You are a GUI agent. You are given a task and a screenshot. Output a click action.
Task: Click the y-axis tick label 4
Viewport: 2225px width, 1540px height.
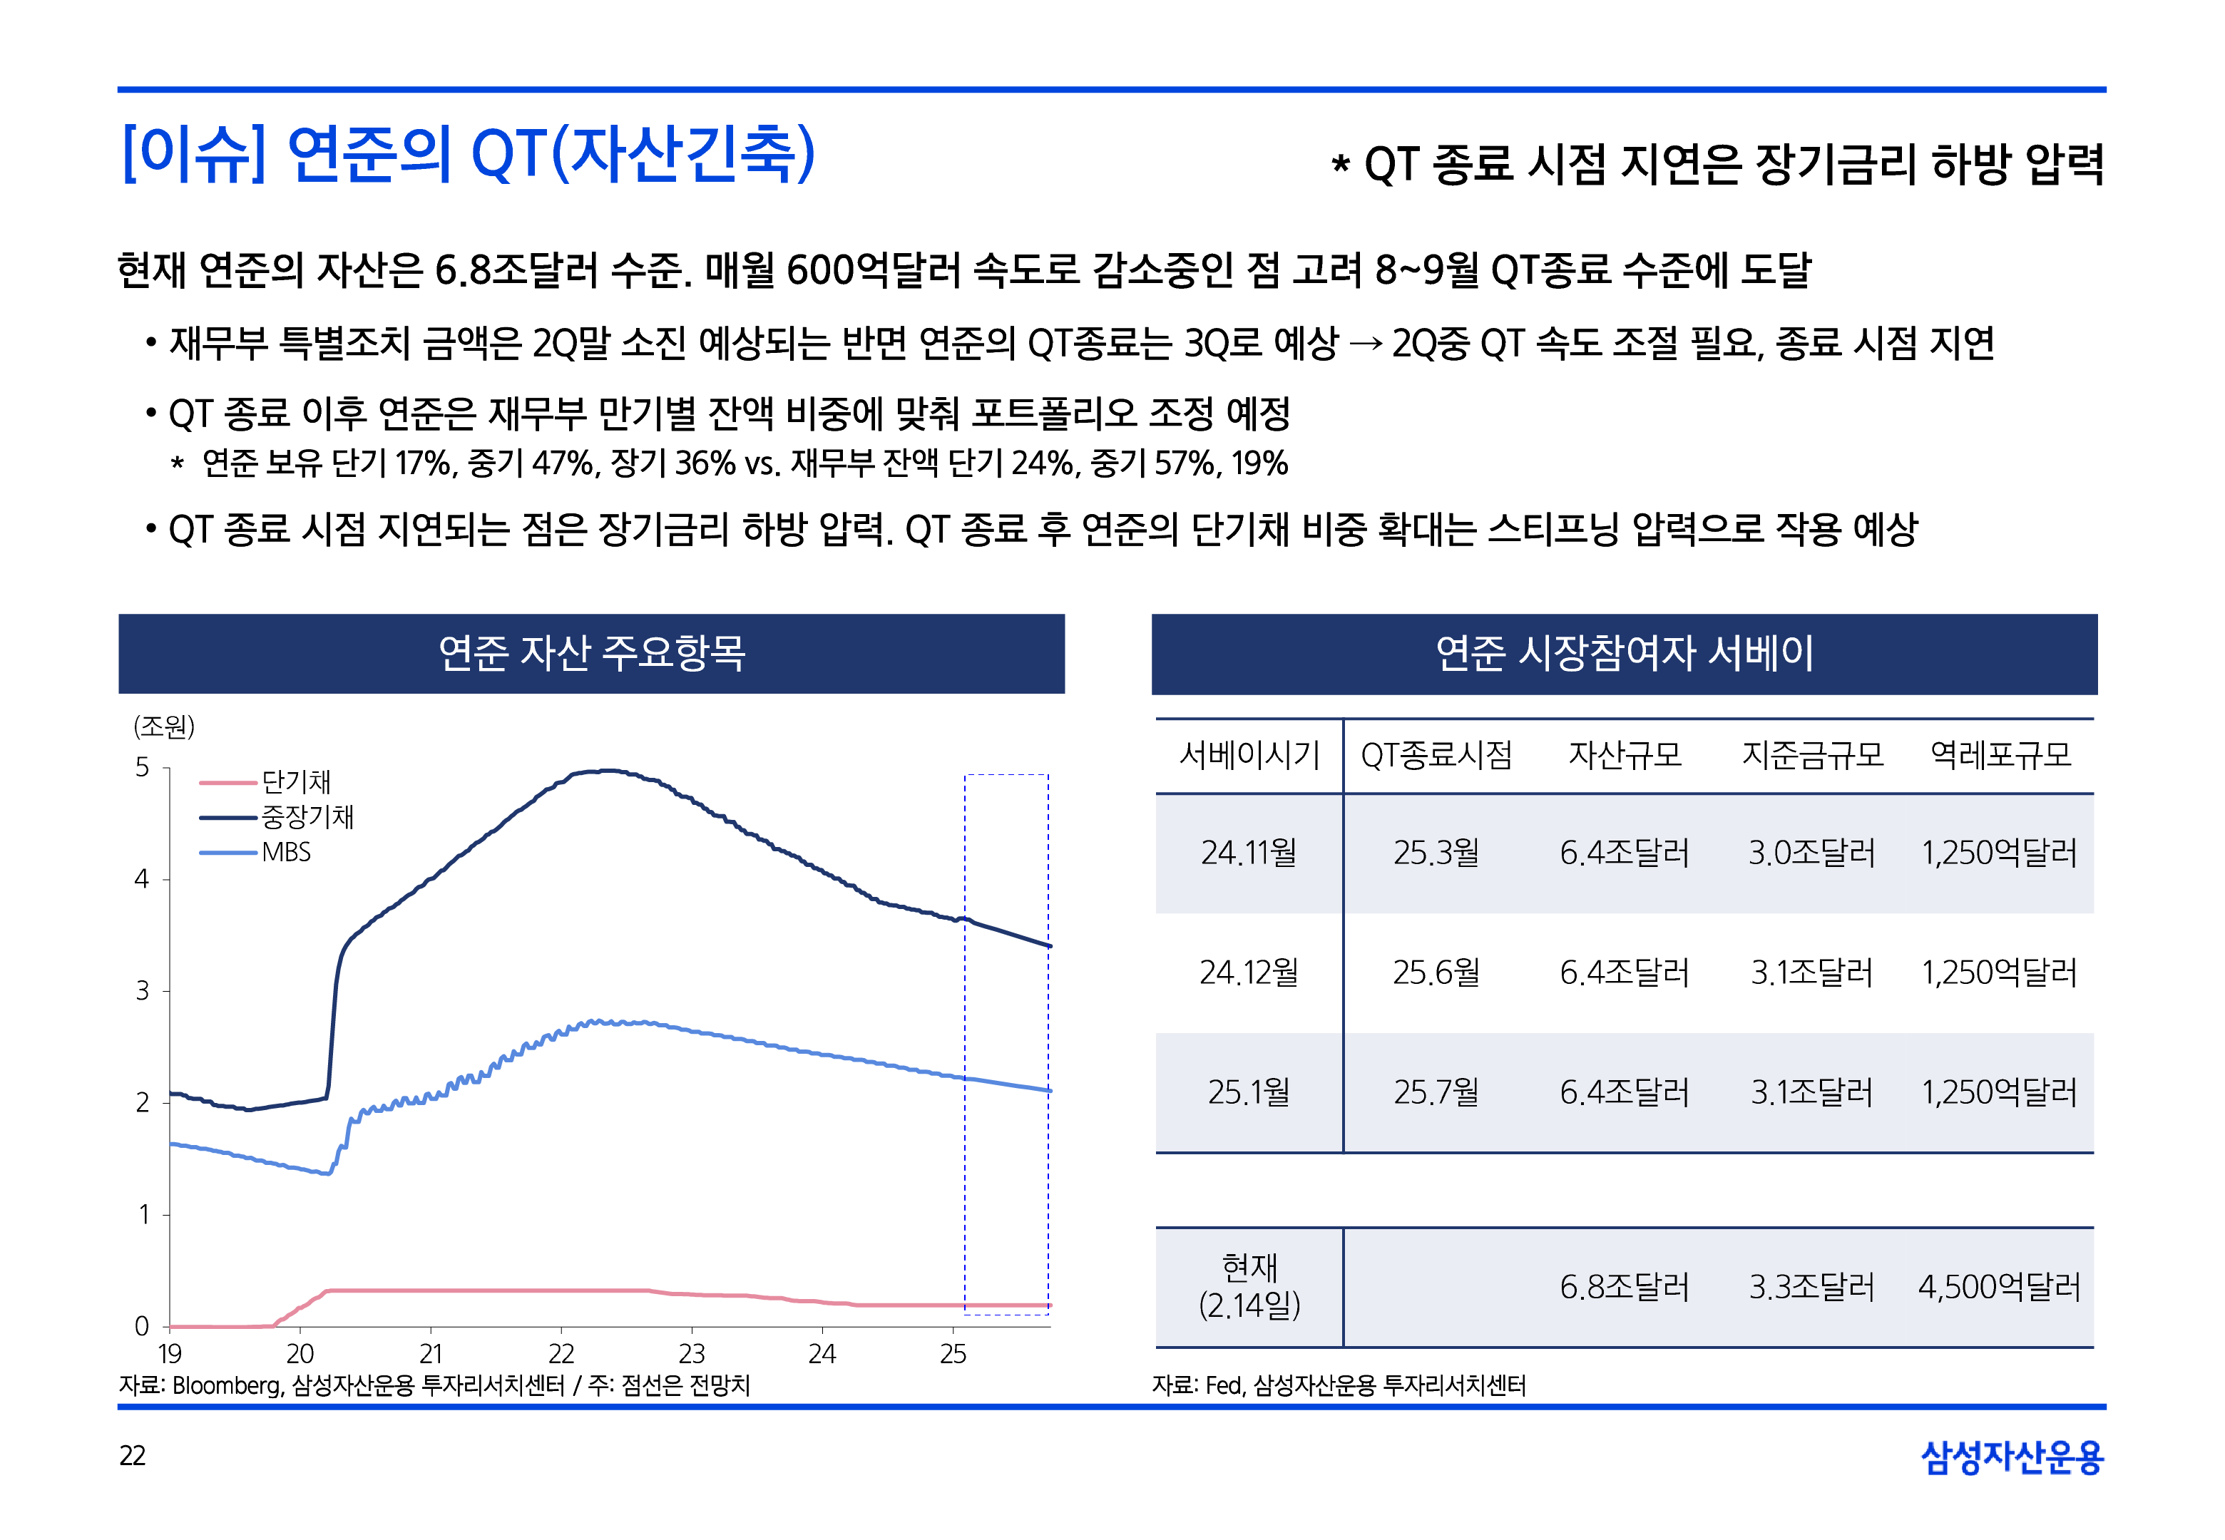pyautogui.click(x=142, y=879)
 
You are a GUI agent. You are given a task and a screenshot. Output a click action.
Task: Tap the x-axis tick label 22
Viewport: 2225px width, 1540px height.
pyautogui.click(x=561, y=1354)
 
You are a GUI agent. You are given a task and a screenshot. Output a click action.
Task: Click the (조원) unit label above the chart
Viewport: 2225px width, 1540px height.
pyautogui.click(x=164, y=726)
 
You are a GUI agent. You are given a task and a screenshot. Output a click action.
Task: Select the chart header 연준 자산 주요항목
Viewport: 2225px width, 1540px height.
pyautogui.click(x=591, y=653)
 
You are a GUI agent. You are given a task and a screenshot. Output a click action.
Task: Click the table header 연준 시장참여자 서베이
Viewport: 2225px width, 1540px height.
pyautogui.click(x=1624, y=653)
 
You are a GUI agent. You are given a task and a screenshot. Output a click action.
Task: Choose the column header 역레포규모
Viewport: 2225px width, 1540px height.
pyautogui.click(x=2000, y=754)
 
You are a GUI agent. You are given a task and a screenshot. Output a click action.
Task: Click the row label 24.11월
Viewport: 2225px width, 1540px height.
pyautogui.click(x=1249, y=853)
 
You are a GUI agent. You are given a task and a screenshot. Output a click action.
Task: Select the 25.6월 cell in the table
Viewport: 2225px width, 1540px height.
pyautogui.click(x=1436, y=972)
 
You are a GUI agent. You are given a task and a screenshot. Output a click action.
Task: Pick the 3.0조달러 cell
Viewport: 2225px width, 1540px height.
pyautogui.click(x=1812, y=853)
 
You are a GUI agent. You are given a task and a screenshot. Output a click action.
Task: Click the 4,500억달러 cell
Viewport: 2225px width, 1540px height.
pyautogui.click(x=1999, y=1287)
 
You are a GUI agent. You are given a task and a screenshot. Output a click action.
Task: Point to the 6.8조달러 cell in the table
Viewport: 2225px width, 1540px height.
pyautogui.click(x=1624, y=1287)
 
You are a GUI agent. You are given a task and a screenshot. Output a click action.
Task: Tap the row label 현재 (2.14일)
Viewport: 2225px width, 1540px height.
pyautogui.click(x=1249, y=1286)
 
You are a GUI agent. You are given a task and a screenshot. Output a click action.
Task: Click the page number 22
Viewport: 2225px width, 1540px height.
pyautogui.click(x=132, y=1455)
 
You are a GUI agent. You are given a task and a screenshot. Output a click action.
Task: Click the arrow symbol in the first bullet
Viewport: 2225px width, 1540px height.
pyautogui.click(x=1364, y=344)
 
